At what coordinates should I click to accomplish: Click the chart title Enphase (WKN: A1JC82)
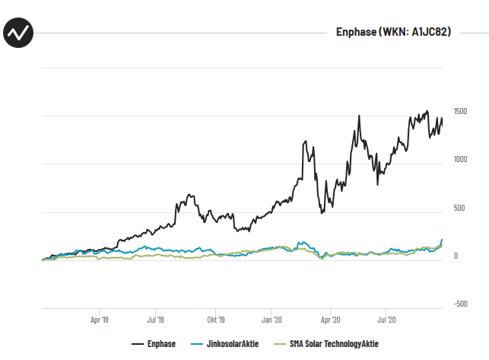tap(393, 33)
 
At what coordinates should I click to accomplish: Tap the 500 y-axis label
tap(458, 208)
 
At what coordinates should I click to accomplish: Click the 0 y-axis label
tap(456, 256)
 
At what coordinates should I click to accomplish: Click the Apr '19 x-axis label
tap(100, 321)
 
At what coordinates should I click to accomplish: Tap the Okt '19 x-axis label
tap(216, 321)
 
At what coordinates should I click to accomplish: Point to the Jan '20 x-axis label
tap(272, 321)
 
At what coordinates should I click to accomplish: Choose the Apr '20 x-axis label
tap(331, 321)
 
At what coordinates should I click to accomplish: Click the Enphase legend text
tap(161, 345)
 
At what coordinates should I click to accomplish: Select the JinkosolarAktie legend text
tap(233, 345)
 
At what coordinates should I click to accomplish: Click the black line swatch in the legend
tap(138, 345)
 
